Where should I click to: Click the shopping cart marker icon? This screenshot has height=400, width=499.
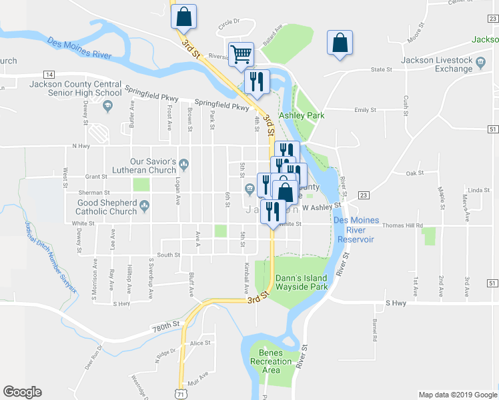click(x=241, y=53)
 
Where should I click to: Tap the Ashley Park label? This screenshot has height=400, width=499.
click(x=301, y=115)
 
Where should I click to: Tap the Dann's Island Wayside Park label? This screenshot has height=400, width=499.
click(x=301, y=282)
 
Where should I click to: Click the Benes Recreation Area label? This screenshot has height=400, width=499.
click(x=271, y=361)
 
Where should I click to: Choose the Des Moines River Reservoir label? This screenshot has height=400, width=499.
click(x=356, y=229)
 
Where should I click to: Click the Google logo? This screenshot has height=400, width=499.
click(x=22, y=392)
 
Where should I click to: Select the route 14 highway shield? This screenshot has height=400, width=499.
click(x=49, y=74)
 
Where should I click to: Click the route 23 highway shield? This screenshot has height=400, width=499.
click(x=364, y=195)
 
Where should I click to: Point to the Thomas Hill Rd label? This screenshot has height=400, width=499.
click(x=403, y=226)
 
